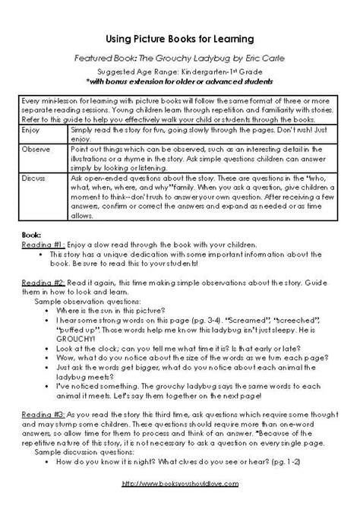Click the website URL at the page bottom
click(x=180, y=482)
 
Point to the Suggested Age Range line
click(x=180, y=69)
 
